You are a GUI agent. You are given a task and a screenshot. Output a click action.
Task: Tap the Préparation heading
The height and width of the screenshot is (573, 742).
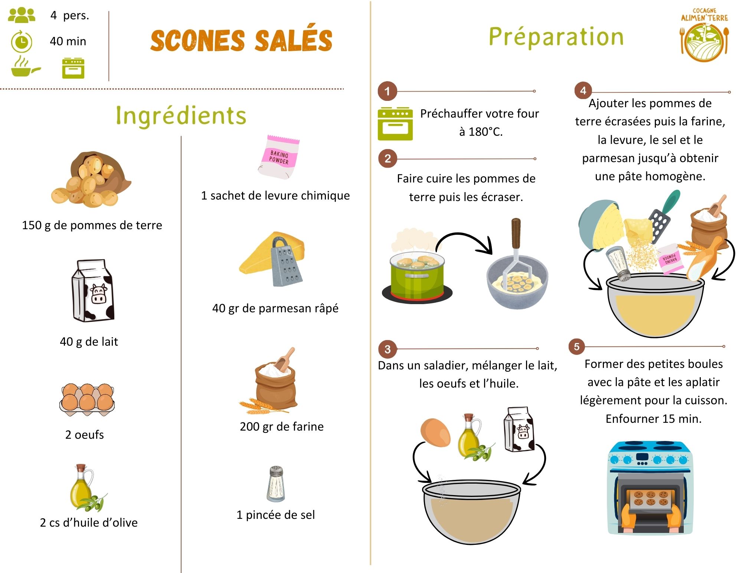[x=556, y=37]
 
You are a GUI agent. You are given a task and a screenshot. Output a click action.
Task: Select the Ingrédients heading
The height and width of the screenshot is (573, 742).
[x=181, y=115]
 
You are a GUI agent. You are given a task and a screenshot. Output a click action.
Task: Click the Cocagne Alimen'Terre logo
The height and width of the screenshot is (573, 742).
[x=704, y=36]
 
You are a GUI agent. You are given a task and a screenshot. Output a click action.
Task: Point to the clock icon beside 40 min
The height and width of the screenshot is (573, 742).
[x=22, y=42]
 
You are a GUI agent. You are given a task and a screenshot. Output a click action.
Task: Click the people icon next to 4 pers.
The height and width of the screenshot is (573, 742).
[x=22, y=15]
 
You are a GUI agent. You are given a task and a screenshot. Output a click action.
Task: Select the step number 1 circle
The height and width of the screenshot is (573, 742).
[x=387, y=91]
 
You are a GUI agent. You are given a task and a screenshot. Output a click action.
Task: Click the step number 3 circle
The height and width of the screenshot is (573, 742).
[x=387, y=349]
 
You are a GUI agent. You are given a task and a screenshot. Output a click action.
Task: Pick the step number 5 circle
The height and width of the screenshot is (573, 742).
[x=576, y=347]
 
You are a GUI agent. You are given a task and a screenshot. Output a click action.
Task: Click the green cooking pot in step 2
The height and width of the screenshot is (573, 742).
[x=417, y=276]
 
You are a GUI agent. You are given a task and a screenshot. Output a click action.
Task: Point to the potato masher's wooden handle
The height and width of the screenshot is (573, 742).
[x=516, y=232]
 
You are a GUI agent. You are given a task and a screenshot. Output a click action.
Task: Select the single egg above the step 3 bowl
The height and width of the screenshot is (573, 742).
[x=435, y=432]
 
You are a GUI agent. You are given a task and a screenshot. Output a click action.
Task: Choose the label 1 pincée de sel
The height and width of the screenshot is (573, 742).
[x=275, y=515]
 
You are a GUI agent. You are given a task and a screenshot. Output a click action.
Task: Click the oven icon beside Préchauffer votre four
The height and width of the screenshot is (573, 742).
[x=395, y=124]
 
